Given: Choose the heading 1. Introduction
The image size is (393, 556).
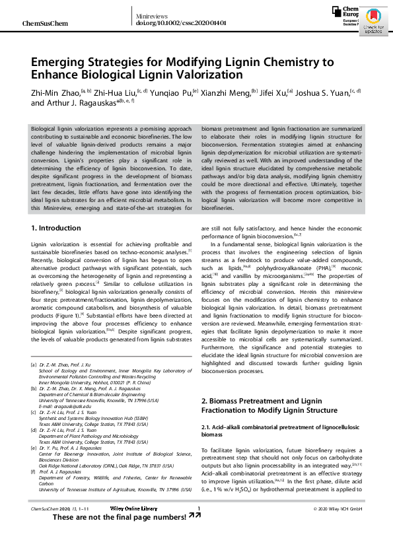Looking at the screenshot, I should tap(56, 228).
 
